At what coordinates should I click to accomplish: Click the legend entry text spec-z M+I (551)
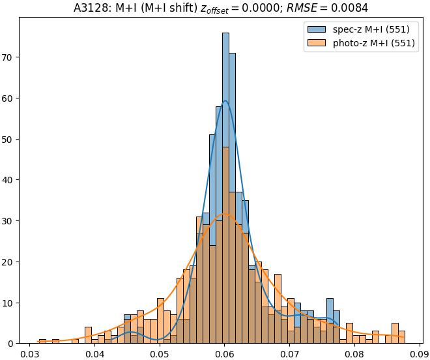pos(371,29)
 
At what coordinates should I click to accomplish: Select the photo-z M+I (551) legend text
pos(374,44)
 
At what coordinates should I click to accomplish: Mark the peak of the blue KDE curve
pos(225,100)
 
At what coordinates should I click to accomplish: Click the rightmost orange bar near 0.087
pos(401,337)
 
